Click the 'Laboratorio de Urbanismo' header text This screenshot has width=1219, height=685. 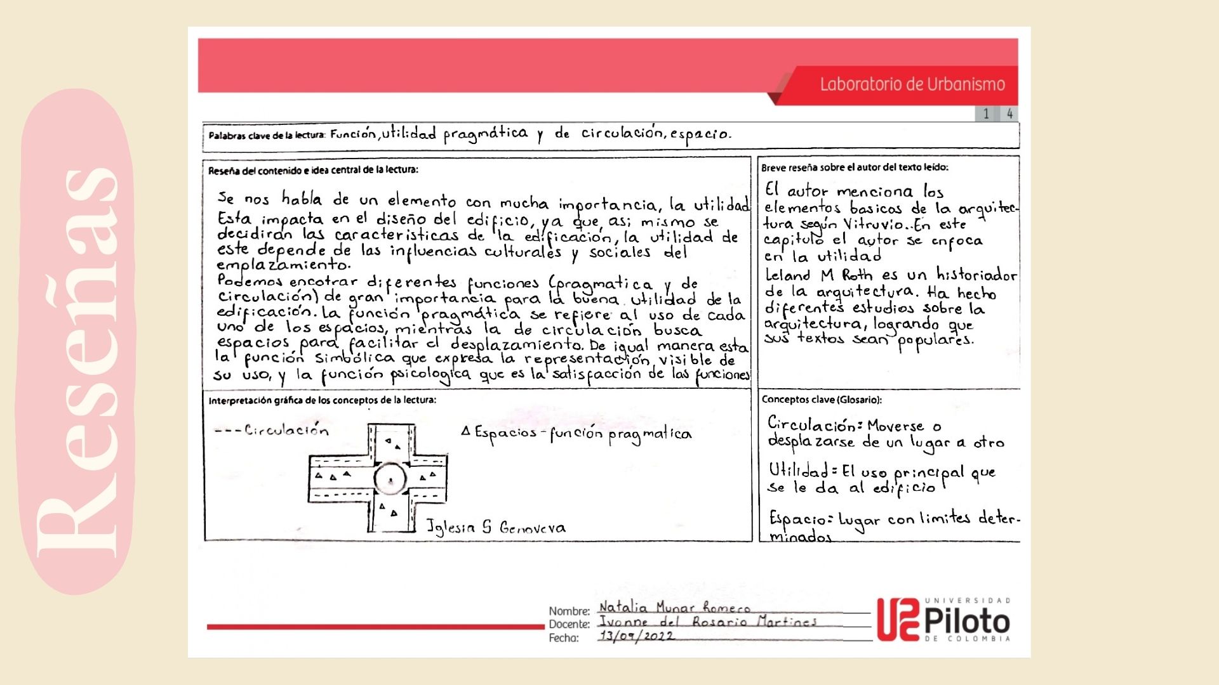[912, 84]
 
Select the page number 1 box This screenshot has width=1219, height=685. [986, 114]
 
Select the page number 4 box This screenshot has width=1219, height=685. [1009, 114]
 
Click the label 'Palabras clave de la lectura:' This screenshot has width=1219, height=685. [267, 135]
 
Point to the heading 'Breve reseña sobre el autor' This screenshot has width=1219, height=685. [855, 167]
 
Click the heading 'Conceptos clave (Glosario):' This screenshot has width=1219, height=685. [822, 400]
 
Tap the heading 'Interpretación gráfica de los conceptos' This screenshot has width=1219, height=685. [322, 400]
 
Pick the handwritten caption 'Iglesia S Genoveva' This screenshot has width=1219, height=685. [495, 527]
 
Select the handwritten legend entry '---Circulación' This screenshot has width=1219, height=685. [272, 430]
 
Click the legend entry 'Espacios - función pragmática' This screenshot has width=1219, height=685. [576, 434]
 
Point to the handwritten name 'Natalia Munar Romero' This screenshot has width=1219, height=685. [674, 608]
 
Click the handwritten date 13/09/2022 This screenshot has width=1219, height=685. [636, 636]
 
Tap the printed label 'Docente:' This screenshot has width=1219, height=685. [569, 625]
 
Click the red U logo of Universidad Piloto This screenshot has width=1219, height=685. [898, 620]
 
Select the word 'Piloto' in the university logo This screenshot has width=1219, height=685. [967, 621]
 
